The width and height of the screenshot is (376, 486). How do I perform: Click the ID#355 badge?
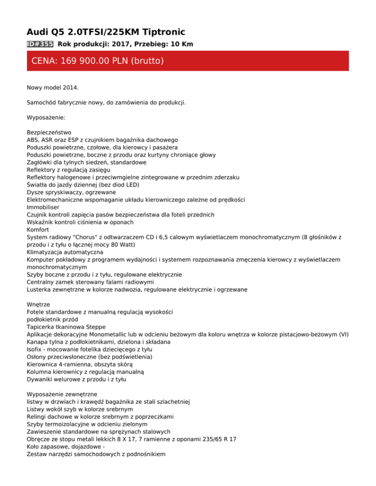[x=40, y=44]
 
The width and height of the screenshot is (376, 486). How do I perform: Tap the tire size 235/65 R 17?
[x=216, y=440]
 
